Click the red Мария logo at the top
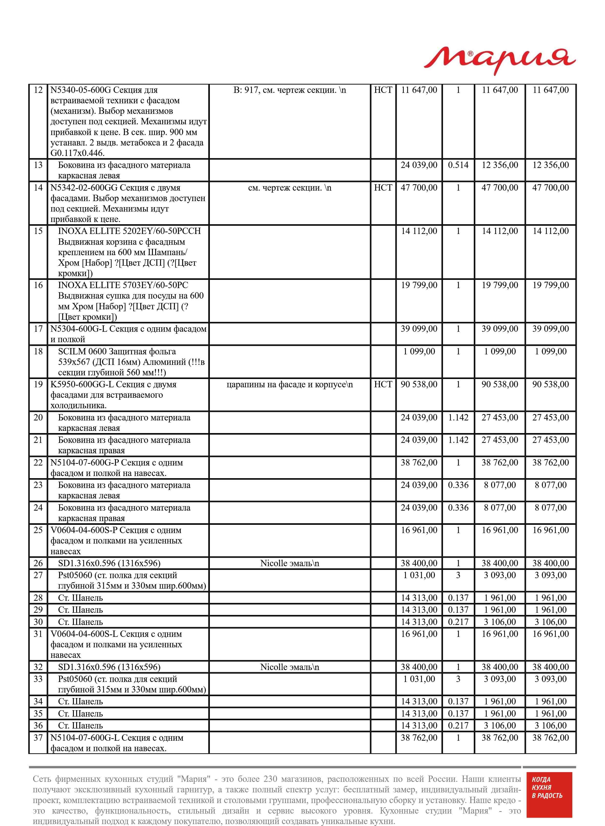point(500,60)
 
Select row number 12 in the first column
point(38,90)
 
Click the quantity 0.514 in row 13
point(458,165)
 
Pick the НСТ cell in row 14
point(383,188)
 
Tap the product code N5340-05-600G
point(81,90)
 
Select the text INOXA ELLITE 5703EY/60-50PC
point(123,285)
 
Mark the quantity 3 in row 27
point(458,575)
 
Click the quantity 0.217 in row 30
point(458,622)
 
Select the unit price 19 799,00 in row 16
point(419,285)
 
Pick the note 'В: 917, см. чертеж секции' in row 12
point(289,90)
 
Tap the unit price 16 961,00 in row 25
point(419,530)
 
